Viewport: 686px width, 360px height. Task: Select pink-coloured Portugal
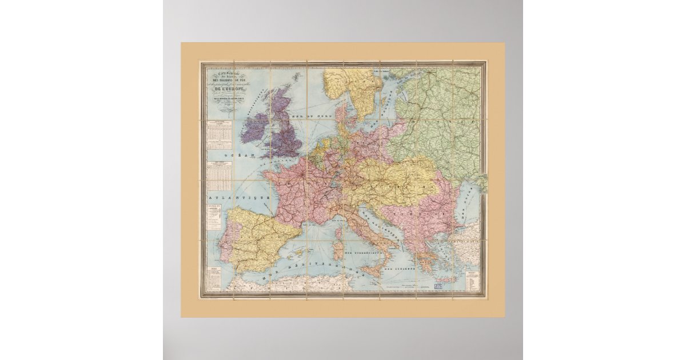tap(225, 240)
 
